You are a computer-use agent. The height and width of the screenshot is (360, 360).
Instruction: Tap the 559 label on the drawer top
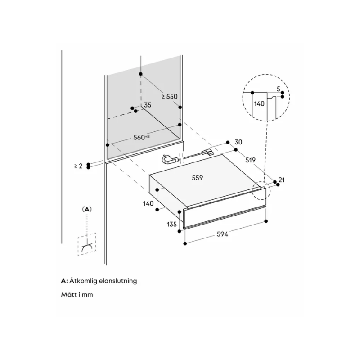pos(197,178)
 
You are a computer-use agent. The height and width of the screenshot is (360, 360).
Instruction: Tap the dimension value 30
pos(238,142)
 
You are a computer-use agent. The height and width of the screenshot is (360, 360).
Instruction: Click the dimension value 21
pos(282,180)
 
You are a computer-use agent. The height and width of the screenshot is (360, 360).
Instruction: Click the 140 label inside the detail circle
pos(259,103)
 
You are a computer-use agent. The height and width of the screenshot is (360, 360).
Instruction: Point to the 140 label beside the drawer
pos(148,203)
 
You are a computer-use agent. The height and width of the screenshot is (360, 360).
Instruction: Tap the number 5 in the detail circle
pos(279,89)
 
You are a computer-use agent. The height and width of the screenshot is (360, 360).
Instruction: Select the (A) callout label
pos(87,209)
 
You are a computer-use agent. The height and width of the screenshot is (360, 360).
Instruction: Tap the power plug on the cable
pos(170,160)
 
